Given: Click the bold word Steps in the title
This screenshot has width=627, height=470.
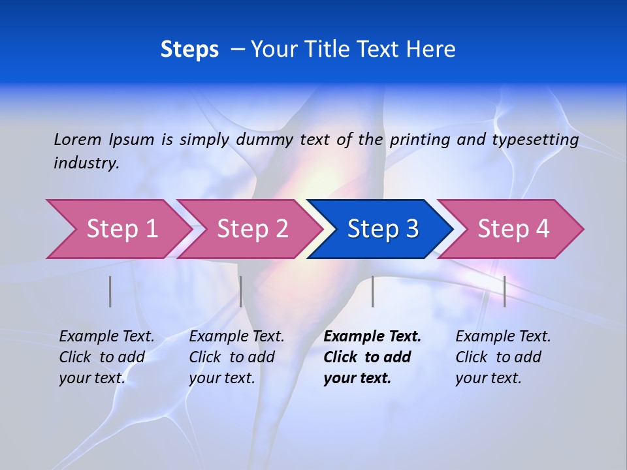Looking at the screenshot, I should coord(189,50).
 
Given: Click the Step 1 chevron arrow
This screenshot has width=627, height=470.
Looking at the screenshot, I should coord(121,229).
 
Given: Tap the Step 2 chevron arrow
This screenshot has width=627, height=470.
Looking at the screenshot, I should coord(252,229).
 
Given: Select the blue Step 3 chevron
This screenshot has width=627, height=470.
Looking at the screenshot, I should coord(383,229).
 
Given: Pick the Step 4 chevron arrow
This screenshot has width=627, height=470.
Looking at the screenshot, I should coord(513,229).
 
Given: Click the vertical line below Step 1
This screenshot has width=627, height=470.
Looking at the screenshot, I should coord(110,291).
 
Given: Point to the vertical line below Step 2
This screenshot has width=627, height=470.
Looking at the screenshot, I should coord(241,291).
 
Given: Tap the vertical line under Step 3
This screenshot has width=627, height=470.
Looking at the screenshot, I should coord(372,291).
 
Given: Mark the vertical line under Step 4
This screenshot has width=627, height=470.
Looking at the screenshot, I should coord(504,291).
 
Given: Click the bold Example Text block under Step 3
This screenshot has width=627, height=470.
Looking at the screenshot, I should coord(372,357).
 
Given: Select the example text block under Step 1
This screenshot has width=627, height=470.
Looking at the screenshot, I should coord(106,357).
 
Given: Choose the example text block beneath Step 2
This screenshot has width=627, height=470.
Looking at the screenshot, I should coord(236,357).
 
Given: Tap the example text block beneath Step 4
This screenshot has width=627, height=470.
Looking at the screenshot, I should coord(503,357).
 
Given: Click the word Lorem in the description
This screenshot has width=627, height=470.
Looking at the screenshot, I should coord(78,140).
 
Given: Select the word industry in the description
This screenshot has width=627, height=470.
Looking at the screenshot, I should coord(86,163).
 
